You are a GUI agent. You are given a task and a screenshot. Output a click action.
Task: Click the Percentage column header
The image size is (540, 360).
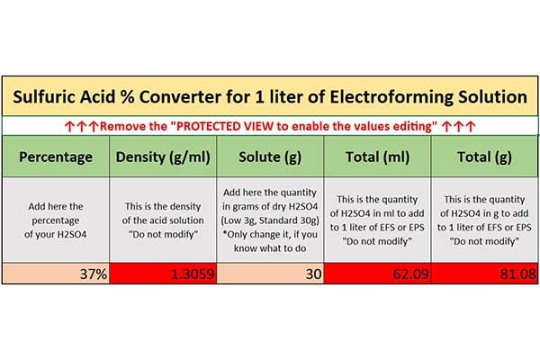coord(56,157)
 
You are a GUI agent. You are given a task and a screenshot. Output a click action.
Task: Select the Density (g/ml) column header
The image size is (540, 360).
coord(163,157)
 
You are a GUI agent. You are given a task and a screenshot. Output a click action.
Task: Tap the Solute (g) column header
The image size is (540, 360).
coord(270,157)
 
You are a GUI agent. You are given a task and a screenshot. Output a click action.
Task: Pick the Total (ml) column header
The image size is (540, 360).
coord(377,157)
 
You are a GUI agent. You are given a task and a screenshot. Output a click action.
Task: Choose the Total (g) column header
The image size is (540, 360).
coord(484,157)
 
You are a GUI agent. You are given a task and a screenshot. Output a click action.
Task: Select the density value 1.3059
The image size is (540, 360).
coord(193,274)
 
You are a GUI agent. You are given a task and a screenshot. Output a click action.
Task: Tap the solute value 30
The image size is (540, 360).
coord(314,274)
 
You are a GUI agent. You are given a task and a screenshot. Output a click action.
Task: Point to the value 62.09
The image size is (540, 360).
coord(411,274)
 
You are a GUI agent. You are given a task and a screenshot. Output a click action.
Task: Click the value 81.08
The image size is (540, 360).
coord(518,274)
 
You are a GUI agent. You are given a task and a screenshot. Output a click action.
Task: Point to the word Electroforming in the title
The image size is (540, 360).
coord(391,97)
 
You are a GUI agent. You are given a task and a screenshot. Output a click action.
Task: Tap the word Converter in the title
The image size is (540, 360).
coord(180,97)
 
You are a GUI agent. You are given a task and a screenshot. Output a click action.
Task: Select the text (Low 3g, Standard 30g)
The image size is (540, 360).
coord(270,220)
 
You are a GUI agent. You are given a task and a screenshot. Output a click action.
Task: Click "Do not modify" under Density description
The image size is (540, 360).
coord(163,234)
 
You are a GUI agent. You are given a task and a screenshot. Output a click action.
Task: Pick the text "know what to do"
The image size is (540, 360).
coord(270,248)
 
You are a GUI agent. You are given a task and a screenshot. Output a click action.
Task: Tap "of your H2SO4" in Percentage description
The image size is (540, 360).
coord(56,235)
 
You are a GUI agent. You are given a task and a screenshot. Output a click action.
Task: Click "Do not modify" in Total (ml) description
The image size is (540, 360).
coord(377,241)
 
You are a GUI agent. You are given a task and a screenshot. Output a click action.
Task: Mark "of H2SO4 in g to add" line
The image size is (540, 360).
coord(484,213)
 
